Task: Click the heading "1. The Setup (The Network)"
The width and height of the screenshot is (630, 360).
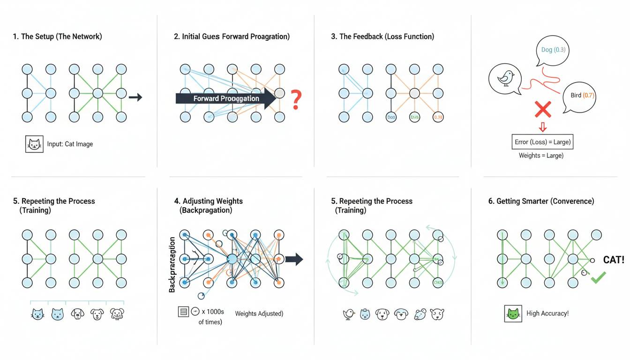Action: [57, 36]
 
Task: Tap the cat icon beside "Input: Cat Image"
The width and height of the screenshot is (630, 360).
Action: [34, 143]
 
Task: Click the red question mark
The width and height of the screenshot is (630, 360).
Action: [296, 100]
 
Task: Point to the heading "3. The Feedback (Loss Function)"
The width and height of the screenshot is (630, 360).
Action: [382, 36]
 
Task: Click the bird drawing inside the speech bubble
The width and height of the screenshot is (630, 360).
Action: [505, 79]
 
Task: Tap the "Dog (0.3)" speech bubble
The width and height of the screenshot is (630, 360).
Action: [552, 50]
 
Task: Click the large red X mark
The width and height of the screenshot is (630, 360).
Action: [542, 110]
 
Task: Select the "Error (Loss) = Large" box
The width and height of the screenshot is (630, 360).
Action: [542, 142]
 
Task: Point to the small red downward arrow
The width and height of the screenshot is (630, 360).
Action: [543, 127]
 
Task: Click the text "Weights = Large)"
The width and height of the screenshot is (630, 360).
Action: [541, 155]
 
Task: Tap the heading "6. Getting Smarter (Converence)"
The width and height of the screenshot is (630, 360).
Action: [541, 201]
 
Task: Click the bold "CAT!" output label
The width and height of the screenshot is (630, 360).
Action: [614, 260]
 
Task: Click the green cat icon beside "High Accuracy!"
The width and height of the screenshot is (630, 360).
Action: [513, 314]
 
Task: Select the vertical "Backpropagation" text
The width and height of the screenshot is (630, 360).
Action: [172, 265]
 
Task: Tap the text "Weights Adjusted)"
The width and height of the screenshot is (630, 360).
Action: [259, 314]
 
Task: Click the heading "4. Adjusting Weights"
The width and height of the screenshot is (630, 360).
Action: [208, 201]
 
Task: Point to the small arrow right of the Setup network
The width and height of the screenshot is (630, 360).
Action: [135, 97]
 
